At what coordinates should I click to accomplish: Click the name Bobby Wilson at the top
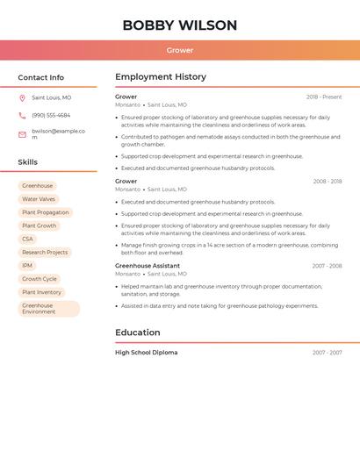pyautogui.click(x=179, y=25)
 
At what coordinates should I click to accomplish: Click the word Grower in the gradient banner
pyautogui.click(x=180, y=50)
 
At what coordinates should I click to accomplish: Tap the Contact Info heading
pyautogui.click(x=40, y=77)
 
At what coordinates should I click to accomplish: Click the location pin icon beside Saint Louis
pyautogui.click(x=22, y=98)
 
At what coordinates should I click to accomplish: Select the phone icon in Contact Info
pyautogui.click(x=22, y=115)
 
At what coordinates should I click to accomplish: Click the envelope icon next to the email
pyautogui.click(x=22, y=134)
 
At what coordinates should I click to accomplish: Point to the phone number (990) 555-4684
pyautogui.click(x=51, y=115)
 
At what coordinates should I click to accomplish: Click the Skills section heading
pyautogui.click(x=28, y=162)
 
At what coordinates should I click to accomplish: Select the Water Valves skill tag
pyautogui.click(x=39, y=199)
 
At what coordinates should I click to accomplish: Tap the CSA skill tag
pyautogui.click(x=28, y=239)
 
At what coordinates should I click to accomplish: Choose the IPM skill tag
pyautogui.click(x=27, y=266)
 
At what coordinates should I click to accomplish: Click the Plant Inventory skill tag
pyautogui.click(x=41, y=292)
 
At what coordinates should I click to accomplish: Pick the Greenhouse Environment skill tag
pyautogui.click(x=48, y=309)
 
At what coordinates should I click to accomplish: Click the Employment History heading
pyautogui.click(x=161, y=77)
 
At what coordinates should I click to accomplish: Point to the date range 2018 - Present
pyautogui.click(x=324, y=97)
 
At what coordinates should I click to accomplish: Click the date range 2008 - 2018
pyautogui.click(x=327, y=182)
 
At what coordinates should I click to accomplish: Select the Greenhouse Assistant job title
pyautogui.click(x=148, y=266)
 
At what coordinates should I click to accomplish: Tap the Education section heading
pyautogui.click(x=138, y=333)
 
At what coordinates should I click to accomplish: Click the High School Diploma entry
pyautogui.click(x=147, y=353)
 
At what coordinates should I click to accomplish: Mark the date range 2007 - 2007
pyautogui.click(x=327, y=353)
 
